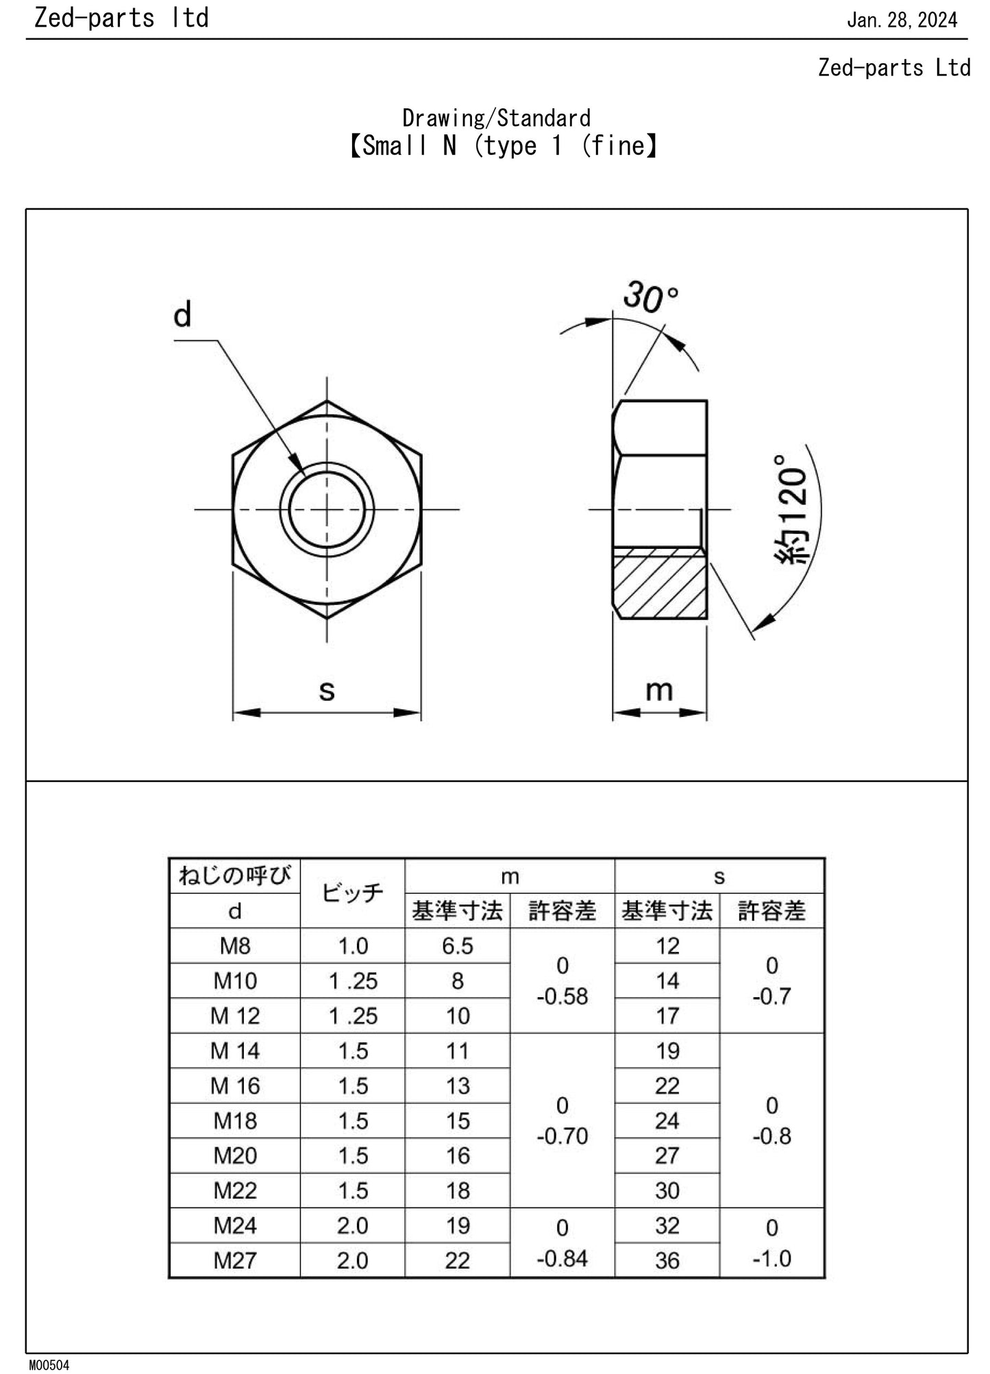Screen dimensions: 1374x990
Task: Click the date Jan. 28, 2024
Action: (x=902, y=20)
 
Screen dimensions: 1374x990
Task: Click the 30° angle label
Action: (x=650, y=297)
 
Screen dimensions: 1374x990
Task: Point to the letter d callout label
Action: (x=182, y=315)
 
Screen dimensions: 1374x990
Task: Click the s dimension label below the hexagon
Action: (x=327, y=690)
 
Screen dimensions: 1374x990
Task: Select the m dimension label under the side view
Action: (x=659, y=690)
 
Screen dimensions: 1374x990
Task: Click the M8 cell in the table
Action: (x=235, y=946)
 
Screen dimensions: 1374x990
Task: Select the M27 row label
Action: (x=235, y=1260)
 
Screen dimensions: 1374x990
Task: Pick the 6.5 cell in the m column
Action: (x=457, y=946)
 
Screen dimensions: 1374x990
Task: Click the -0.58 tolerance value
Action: (x=562, y=996)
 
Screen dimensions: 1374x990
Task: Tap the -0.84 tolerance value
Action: (x=562, y=1258)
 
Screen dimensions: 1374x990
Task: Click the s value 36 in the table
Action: (x=667, y=1260)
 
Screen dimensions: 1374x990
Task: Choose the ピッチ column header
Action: (x=352, y=893)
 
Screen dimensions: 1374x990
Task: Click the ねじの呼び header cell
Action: (x=235, y=875)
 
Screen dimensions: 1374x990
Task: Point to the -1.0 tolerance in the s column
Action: (x=771, y=1258)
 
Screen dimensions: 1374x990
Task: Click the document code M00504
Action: (x=49, y=1364)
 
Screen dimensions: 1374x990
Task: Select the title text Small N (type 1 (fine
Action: (x=503, y=145)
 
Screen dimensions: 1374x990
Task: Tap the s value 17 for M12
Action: (x=667, y=1016)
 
